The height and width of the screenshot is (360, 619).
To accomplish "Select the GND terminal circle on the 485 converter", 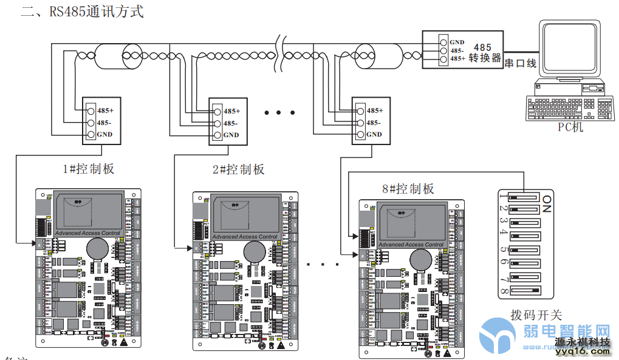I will tap(444, 42).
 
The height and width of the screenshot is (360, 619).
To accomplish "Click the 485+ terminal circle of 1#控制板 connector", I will tap(91, 110).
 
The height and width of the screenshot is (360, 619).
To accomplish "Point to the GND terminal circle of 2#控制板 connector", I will tap(217, 135).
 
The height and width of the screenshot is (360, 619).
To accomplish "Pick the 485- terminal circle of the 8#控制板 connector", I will tap(360, 122).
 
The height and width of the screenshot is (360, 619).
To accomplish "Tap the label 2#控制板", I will tap(239, 169).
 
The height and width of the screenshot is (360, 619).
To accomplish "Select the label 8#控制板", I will tap(408, 189).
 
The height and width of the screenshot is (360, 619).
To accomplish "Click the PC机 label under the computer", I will tap(570, 127).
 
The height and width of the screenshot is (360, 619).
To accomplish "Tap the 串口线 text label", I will tap(521, 63).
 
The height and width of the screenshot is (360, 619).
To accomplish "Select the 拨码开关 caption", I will tap(536, 315).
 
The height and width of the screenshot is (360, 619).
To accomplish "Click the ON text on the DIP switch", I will tap(547, 203).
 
